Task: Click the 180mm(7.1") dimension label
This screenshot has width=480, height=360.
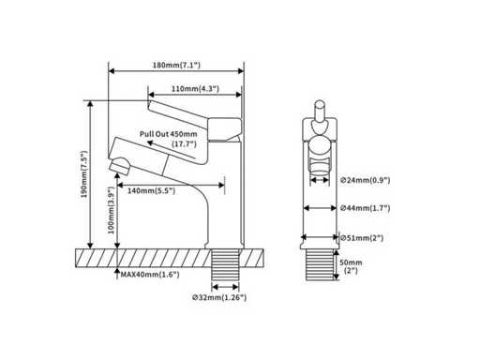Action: click(176, 65)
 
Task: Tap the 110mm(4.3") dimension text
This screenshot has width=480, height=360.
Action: click(195, 89)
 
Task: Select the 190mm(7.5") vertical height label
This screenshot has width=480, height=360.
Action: click(84, 174)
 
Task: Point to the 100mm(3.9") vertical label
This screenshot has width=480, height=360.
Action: click(112, 210)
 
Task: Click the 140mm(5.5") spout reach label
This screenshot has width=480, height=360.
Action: click(151, 190)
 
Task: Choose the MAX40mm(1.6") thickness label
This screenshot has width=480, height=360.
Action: click(150, 275)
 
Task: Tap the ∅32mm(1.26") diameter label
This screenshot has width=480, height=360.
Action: click(219, 297)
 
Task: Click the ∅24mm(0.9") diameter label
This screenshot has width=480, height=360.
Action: click(366, 180)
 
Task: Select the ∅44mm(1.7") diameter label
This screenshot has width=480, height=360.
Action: click(366, 208)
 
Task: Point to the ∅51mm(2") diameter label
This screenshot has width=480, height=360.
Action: click(362, 238)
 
